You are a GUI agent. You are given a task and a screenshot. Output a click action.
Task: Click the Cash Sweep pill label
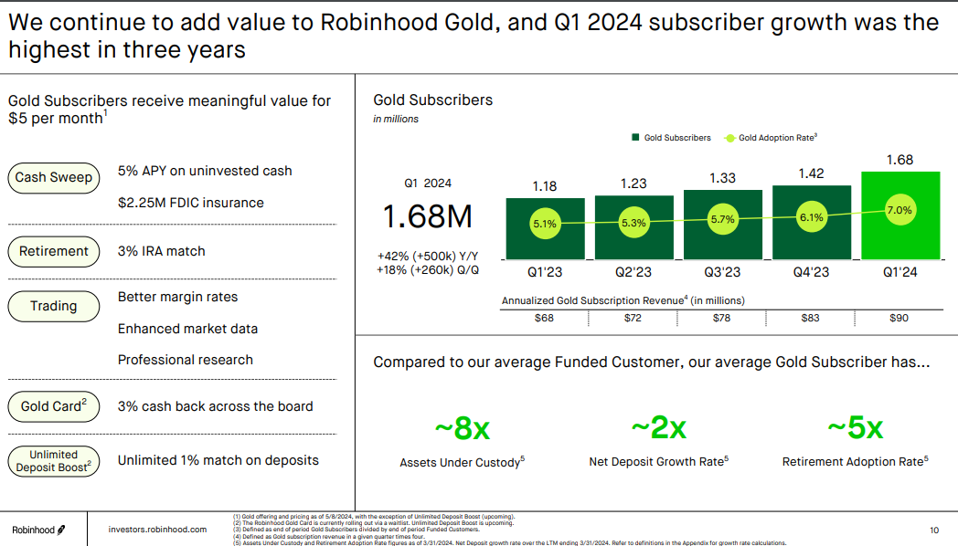point(54,178)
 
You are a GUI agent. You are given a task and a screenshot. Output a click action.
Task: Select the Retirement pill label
point(54,251)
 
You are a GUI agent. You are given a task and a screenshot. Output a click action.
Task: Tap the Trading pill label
point(54,306)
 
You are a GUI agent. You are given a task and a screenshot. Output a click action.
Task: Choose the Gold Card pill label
point(54,406)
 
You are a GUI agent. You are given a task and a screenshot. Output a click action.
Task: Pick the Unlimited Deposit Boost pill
point(54,461)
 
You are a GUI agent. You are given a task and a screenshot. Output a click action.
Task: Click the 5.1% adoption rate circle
point(544,223)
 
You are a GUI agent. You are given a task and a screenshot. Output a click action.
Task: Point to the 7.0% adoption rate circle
point(899,211)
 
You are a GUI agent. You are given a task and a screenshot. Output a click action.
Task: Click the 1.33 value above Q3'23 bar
point(722,178)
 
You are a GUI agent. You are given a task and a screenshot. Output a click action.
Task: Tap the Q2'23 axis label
point(633,272)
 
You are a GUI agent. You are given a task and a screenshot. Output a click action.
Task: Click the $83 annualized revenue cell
point(810,318)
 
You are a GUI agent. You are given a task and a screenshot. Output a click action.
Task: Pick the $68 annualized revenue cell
point(544,318)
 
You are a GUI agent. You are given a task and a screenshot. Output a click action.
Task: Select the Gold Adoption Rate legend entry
point(771,138)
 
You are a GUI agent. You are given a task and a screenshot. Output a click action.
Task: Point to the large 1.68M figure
point(427,217)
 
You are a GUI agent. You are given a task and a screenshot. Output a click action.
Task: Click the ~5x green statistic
point(855,427)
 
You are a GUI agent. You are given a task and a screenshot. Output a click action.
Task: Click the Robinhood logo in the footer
point(38,530)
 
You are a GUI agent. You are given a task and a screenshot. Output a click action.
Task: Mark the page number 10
point(933,530)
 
